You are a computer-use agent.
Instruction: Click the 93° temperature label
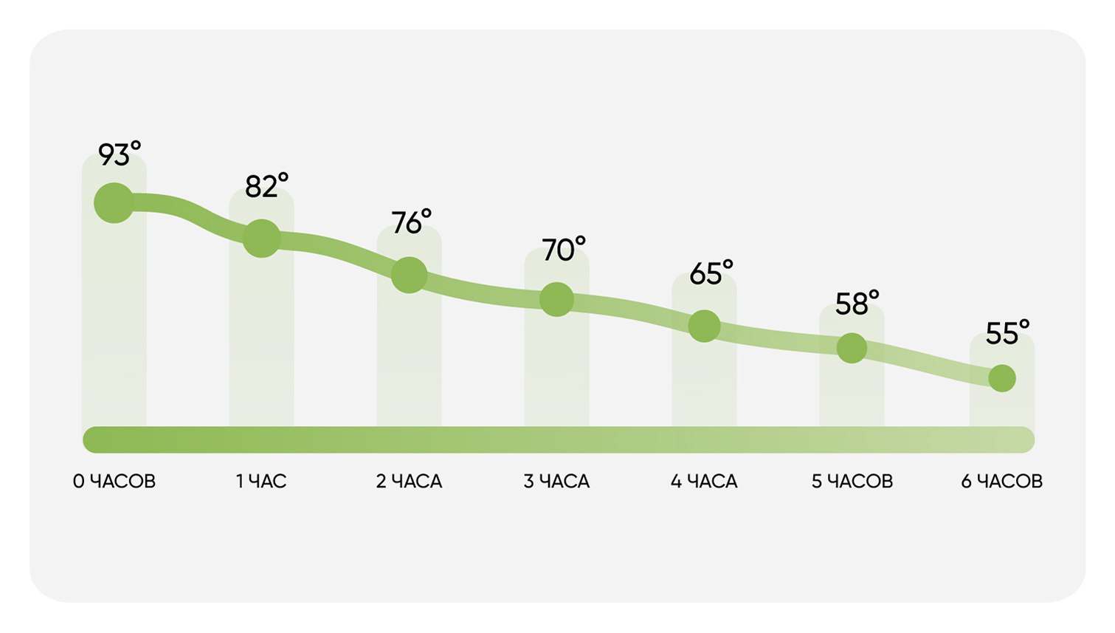(120, 154)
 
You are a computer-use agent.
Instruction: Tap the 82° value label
(267, 185)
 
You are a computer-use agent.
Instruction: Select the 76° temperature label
(411, 222)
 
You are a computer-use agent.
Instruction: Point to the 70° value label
(564, 249)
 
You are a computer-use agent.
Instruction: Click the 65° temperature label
(711, 273)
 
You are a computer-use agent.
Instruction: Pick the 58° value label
(857, 303)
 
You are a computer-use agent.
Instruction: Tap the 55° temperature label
(1007, 332)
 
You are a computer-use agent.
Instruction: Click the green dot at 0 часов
(114, 203)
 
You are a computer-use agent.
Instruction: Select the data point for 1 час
(261, 239)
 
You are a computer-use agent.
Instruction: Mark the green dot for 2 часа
(409, 275)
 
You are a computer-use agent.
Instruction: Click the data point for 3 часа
(556, 299)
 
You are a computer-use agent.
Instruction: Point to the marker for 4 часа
(704, 326)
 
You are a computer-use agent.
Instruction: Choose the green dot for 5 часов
(852, 348)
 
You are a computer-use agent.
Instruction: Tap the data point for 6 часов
(1002, 378)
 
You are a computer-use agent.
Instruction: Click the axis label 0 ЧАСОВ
(114, 482)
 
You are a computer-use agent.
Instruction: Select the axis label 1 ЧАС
(261, 482)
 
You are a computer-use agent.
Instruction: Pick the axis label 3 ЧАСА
(556, 482)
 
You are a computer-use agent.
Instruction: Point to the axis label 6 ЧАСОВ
(1002, 482)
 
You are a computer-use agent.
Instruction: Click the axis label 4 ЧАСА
(704, 482)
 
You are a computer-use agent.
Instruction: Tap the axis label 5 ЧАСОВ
(852, 482)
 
